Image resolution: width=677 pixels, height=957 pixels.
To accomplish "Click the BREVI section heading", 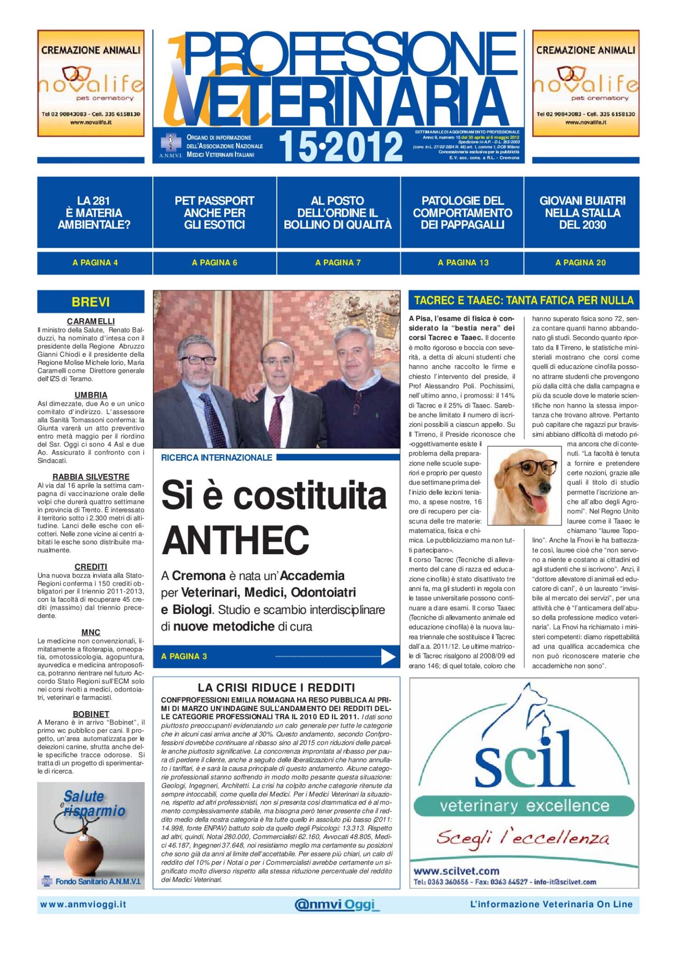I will (x=91, y=302).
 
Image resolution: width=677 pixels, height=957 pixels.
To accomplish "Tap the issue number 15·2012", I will (x=340, y=147).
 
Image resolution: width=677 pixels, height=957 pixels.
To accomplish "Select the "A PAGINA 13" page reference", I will (x=463, y=263).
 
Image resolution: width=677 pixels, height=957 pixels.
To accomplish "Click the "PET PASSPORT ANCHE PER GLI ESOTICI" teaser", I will (x=214, y=212).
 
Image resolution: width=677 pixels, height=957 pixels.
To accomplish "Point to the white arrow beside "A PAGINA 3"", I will (x=388, y=657).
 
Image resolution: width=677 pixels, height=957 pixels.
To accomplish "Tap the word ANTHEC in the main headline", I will (x=235, y=541).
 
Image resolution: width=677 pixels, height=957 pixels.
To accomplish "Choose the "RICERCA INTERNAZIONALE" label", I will (x=216, y=457).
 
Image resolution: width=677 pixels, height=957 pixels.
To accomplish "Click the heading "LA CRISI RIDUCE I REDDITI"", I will (x=276, y=688).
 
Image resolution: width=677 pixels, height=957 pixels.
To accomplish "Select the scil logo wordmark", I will (x=524, y=762).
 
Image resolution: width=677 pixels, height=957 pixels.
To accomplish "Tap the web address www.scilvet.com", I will (x=456, y=871).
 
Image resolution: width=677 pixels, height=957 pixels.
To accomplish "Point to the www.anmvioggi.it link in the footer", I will (x=83, y=904).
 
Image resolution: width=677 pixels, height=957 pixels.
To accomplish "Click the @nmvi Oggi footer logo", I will (x=336, y=904).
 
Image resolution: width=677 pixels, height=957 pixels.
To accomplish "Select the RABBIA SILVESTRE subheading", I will (x=91, y=477).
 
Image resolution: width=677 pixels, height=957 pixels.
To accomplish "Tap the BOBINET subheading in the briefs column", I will (x=91, y=714).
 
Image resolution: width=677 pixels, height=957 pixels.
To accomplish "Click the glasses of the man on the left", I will (x=197, y=360).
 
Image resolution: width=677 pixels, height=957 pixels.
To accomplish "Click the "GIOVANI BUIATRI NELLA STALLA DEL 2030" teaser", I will (x=582, y=212).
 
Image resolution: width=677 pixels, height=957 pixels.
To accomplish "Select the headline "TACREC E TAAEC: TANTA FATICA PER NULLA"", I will (x=524, y=300).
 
